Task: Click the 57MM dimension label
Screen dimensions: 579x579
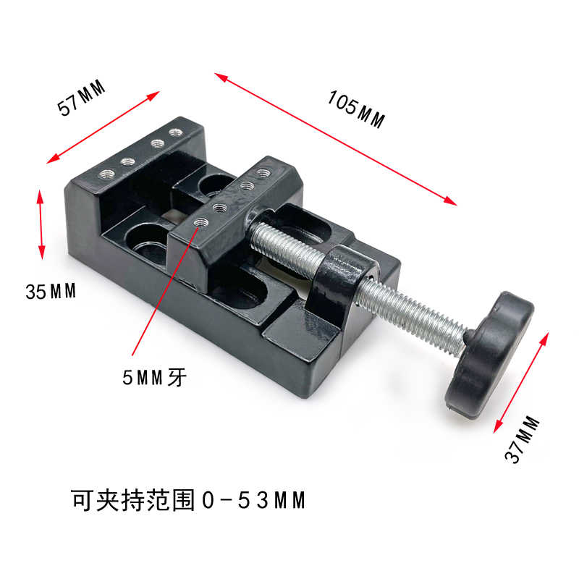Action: [x=82, y=98]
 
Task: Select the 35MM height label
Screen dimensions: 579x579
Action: [x=51, y=292]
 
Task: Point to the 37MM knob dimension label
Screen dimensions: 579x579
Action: [x=523, y=439]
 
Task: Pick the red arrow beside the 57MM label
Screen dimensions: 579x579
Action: [x=103, y=127]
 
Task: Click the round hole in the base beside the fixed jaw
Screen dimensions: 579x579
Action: [x=148, y=242]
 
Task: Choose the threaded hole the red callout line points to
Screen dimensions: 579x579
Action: [x=200, y=223]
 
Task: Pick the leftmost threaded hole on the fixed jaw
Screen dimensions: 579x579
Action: [x=106, y=173]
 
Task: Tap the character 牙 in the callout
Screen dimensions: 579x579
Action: [x=178, y=377]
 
